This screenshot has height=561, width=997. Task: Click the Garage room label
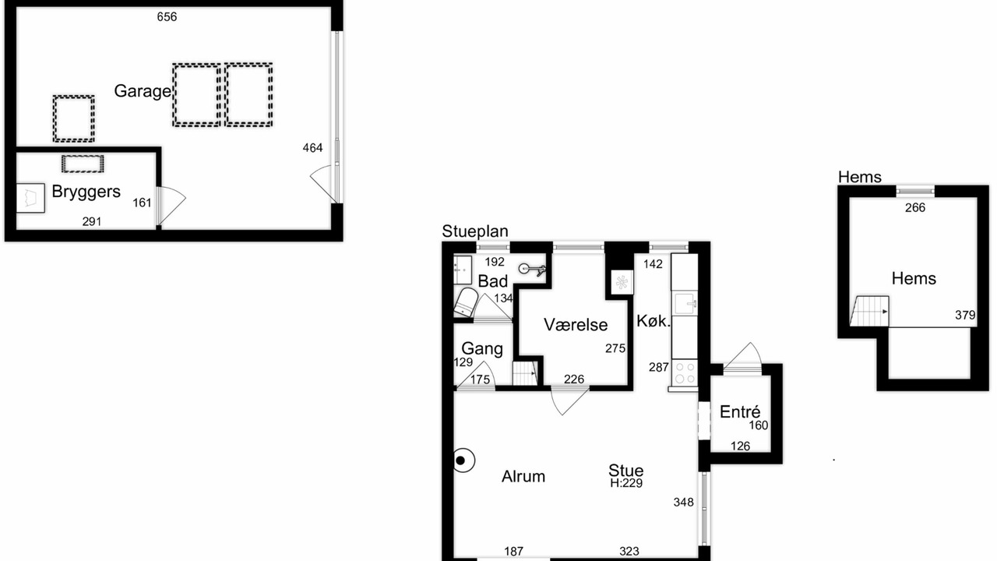pos(143,91)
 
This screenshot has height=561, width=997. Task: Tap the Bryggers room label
pos(86,192)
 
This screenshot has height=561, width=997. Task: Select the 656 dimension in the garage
pos(167,17)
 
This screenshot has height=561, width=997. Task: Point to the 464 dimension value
pos(312,148)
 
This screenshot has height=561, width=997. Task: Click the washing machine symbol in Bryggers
pos(30,198)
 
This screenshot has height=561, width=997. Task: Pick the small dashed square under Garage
pos(73,119)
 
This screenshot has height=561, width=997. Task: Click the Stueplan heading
pos(475,231)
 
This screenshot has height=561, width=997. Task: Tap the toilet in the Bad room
pos(466,303)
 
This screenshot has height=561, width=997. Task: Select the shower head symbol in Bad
pos(532,270)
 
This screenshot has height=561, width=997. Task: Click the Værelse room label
pos(576,325)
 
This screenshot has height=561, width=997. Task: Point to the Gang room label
pos(482,348)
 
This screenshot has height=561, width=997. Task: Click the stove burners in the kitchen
pos(685,373)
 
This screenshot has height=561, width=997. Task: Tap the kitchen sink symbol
pos(685,304)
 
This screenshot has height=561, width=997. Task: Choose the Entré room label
pos(740,412)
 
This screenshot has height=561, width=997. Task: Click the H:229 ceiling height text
pos(626,484)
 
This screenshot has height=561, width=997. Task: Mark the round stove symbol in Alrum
pos(463,460)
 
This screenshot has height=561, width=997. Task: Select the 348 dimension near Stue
pos(684,503)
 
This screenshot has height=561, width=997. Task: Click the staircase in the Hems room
pos(870,311)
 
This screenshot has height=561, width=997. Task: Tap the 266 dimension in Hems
pos(915,208)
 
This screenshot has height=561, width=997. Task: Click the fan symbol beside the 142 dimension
pos(622,282)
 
